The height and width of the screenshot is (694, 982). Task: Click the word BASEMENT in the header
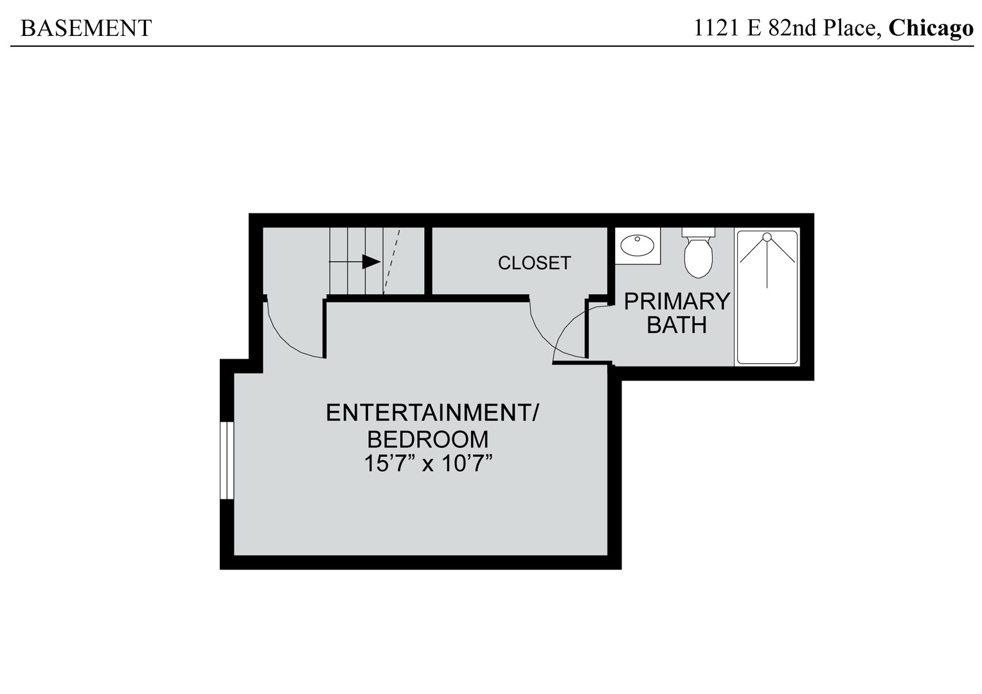pyautogui.click(x=86, y=28)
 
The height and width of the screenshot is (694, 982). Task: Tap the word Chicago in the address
pyautogui.click(x=931, y=28)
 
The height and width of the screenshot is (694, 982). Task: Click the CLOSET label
pyautogui.click(x=534, y=263)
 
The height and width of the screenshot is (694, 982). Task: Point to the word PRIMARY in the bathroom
pyautogui.click(x=677, y=301)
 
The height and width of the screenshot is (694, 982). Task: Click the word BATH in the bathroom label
pyautogui.click(x=677, y=325)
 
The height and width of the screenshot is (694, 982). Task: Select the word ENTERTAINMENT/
pyautogui.click(x=432, y=413)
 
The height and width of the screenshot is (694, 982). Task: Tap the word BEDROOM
pyautogui.click(x=427, y=440)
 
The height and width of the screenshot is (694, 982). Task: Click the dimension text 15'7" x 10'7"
pyautogui.click(x=432, y=463)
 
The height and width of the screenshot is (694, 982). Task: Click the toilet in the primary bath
pyautogui.click(x=699, y=258)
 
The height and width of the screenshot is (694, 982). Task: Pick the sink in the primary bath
pyautogui.click(x=637, y=245)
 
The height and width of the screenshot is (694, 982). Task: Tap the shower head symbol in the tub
pyautogui.click(x=767, y=238)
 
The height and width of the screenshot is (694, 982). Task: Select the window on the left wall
pyautogui.click(x=226, y=460)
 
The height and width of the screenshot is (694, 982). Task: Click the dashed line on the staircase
pyautogui.click(x=392, y=260)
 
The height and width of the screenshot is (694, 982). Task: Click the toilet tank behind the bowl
pyautogui.click(x=699, y=231)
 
